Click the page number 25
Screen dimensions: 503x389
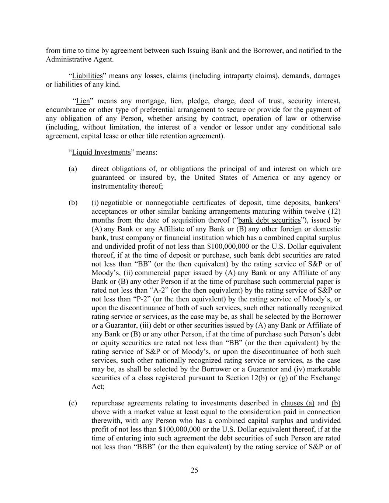(x=194, y=470)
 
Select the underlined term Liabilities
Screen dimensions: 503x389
(x=87, y=76)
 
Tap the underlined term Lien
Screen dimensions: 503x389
(x=83, y=101)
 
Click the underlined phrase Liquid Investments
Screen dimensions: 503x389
(x=101, y=153)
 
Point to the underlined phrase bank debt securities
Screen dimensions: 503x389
(x=270, y=220)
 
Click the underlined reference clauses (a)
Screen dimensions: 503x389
(x=298, y=403)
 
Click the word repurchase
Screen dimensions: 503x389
(x=107, y=403)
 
